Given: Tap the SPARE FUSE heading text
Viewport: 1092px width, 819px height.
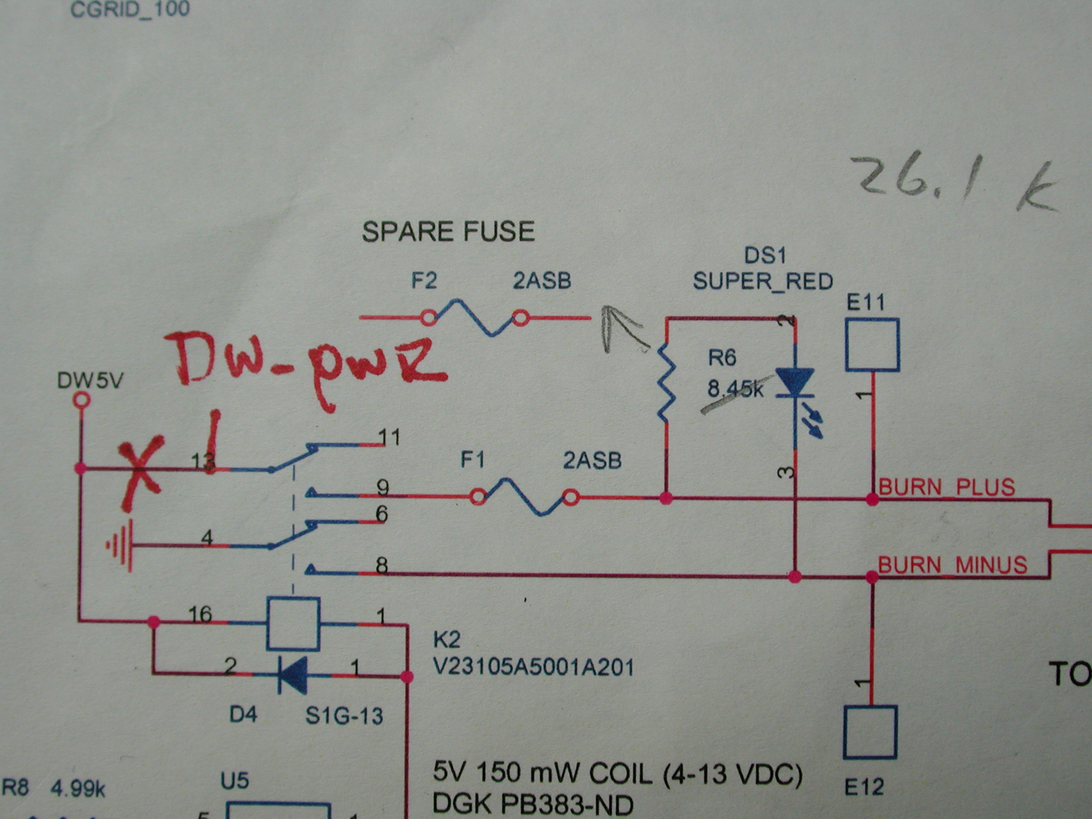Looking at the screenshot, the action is [448, 231].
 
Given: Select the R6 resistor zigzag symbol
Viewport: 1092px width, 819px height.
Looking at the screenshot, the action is [665, 383].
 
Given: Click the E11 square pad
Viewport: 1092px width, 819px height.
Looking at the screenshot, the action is [872, 344].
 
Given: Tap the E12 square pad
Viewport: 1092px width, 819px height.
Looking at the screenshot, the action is [870, 732].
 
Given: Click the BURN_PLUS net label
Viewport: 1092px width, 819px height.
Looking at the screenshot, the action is [946, 487].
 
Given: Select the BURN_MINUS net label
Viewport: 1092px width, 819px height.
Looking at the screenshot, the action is [952, 565].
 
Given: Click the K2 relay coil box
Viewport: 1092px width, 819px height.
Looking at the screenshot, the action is [293, 623].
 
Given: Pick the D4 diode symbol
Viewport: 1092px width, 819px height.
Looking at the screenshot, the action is [293, 675].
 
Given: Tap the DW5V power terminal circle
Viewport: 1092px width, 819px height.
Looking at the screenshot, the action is [81, 399].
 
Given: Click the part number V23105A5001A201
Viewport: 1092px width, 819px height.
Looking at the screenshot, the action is [534, 667].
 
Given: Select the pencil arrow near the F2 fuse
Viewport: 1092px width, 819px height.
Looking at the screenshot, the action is [621, 328].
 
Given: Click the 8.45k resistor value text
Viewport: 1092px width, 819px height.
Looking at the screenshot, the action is [735, 390].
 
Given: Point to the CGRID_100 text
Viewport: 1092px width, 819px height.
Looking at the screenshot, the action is [130, 10].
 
